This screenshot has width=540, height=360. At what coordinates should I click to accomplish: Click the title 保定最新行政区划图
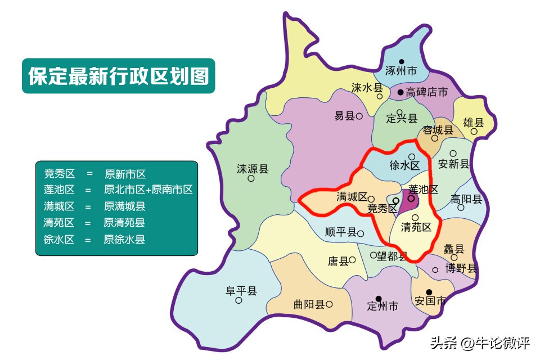(119, 75)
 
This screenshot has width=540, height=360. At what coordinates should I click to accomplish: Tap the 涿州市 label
(401, 71)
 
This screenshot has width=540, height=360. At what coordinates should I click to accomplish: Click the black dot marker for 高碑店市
(400, 92)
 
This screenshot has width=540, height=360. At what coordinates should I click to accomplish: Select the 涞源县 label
(252, 168)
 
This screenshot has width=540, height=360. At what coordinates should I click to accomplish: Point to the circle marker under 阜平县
(239, 300)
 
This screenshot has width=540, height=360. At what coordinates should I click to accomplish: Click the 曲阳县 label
(309, 304)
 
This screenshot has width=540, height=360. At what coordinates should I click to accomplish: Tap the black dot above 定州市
(379, 298)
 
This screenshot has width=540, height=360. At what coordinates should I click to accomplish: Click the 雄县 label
(473, 123)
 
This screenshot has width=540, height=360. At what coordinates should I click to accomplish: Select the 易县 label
(344, 116)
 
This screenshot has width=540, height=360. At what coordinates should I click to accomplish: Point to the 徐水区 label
(404, 166)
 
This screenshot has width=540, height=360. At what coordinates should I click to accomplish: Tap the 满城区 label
(352, 197)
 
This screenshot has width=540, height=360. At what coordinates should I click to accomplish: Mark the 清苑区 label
(416, 227)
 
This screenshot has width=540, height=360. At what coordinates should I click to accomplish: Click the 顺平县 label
(341, 232)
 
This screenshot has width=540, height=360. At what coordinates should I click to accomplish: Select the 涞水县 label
(367, 88)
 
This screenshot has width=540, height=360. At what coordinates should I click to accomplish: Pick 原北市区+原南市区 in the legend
(148, 190)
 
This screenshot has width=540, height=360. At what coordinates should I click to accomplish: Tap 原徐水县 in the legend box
(124, 239)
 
